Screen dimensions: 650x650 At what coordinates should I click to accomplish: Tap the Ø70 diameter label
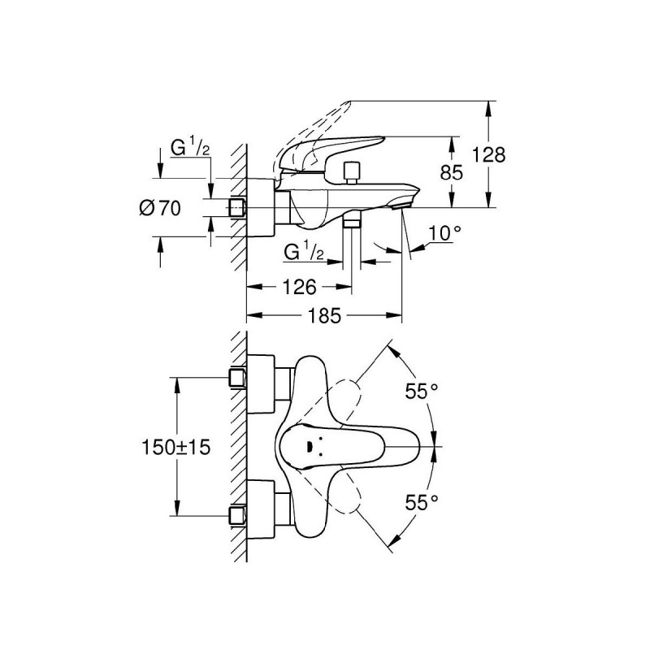coord(159,209)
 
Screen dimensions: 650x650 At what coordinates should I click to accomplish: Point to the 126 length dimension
coord(298,286)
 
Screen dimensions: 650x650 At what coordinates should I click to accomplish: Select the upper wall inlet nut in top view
coord(238,376)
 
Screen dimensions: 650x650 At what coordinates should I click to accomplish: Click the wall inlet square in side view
coord(237,208)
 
